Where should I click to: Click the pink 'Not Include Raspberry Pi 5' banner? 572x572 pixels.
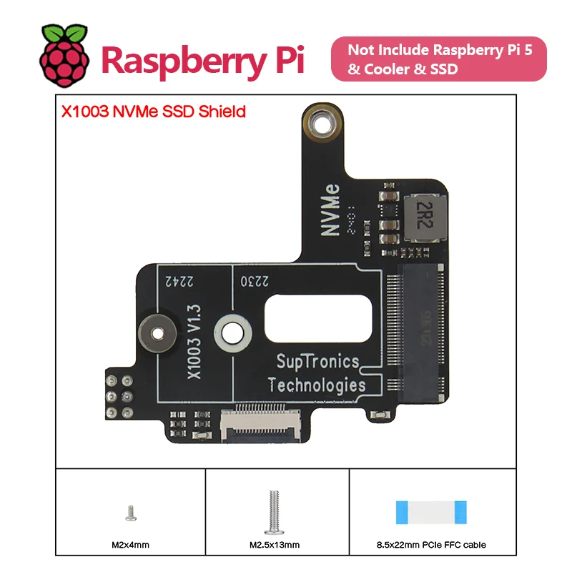(x=438, y=60)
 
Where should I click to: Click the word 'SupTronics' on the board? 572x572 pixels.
(x=312, y=363)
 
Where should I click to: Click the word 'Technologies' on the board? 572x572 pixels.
(x=317, y=385)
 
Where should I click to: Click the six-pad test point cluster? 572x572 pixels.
(x=119, y=395)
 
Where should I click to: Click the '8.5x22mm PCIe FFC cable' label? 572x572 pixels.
(x=431, y=545)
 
